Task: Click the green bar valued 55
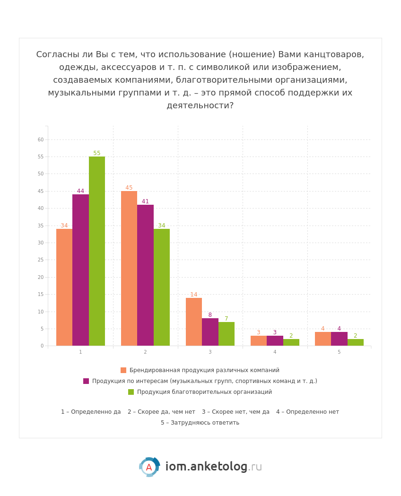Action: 97,251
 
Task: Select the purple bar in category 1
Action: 80,270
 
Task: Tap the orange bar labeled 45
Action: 129,268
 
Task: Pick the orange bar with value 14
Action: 194,322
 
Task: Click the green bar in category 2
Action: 162,287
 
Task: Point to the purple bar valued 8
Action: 210,332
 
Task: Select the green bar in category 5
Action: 356,342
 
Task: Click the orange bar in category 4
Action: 259,341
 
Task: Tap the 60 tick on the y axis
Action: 41,140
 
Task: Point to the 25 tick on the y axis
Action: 41,260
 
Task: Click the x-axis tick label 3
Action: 210,352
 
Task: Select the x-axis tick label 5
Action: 339,352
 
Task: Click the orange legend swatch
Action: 123,370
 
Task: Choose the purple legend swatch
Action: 86,381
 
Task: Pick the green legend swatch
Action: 131,392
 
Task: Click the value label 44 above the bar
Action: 80,191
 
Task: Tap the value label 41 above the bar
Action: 145,201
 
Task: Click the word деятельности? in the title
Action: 200,106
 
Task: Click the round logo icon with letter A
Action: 149,467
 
